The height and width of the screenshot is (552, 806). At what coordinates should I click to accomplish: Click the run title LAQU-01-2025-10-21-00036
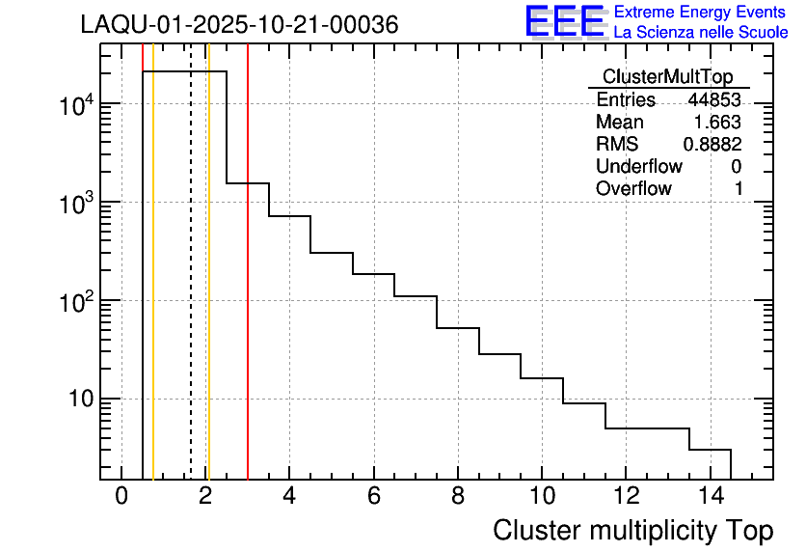239,25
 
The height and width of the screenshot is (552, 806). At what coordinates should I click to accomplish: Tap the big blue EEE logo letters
565,21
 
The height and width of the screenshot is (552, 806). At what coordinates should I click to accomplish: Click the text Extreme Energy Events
701,13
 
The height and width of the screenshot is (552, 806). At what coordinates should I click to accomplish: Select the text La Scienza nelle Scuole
701,33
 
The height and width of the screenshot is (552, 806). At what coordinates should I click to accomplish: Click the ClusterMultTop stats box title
667,77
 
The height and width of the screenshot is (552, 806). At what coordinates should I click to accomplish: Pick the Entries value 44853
714,100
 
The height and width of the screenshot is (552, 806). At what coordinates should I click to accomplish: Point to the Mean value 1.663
717,123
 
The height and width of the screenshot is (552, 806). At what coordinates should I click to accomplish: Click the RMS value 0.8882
712,145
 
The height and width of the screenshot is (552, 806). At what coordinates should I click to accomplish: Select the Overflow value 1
739,189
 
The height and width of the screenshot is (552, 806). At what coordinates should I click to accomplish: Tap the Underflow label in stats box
639,167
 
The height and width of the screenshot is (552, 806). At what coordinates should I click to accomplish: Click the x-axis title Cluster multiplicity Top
633,531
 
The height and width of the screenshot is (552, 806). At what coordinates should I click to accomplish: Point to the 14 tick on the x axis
709,496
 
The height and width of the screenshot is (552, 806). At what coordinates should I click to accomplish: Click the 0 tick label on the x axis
121,496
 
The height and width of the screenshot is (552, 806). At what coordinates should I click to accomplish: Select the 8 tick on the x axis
457,496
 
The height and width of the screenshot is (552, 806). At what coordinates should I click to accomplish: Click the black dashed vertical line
191,290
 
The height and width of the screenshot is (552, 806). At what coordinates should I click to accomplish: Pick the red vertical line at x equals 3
248,290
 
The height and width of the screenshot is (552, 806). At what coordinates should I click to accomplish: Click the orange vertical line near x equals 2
208,290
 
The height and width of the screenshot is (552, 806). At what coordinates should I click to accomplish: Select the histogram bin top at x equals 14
710,450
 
